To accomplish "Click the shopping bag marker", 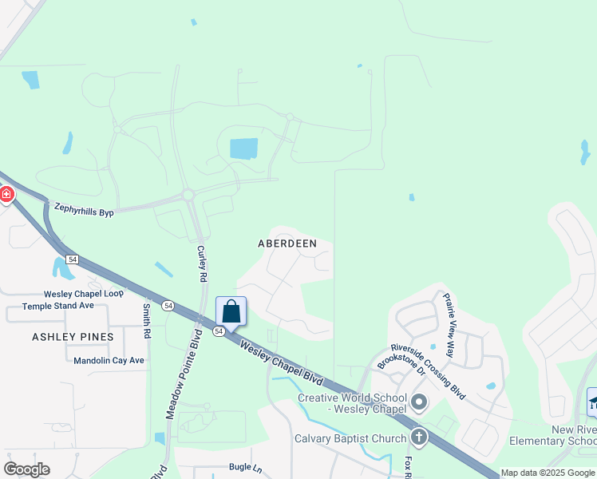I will coord(231,311).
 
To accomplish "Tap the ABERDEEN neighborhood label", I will coord(287,243).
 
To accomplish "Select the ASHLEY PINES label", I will coord(73,337).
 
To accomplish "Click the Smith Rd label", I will coord(147,319).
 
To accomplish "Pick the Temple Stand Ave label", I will coord(57,306).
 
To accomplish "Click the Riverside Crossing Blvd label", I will coord(428,371).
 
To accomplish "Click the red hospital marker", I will coord(5,194).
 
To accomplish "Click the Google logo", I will coord(26,469).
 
